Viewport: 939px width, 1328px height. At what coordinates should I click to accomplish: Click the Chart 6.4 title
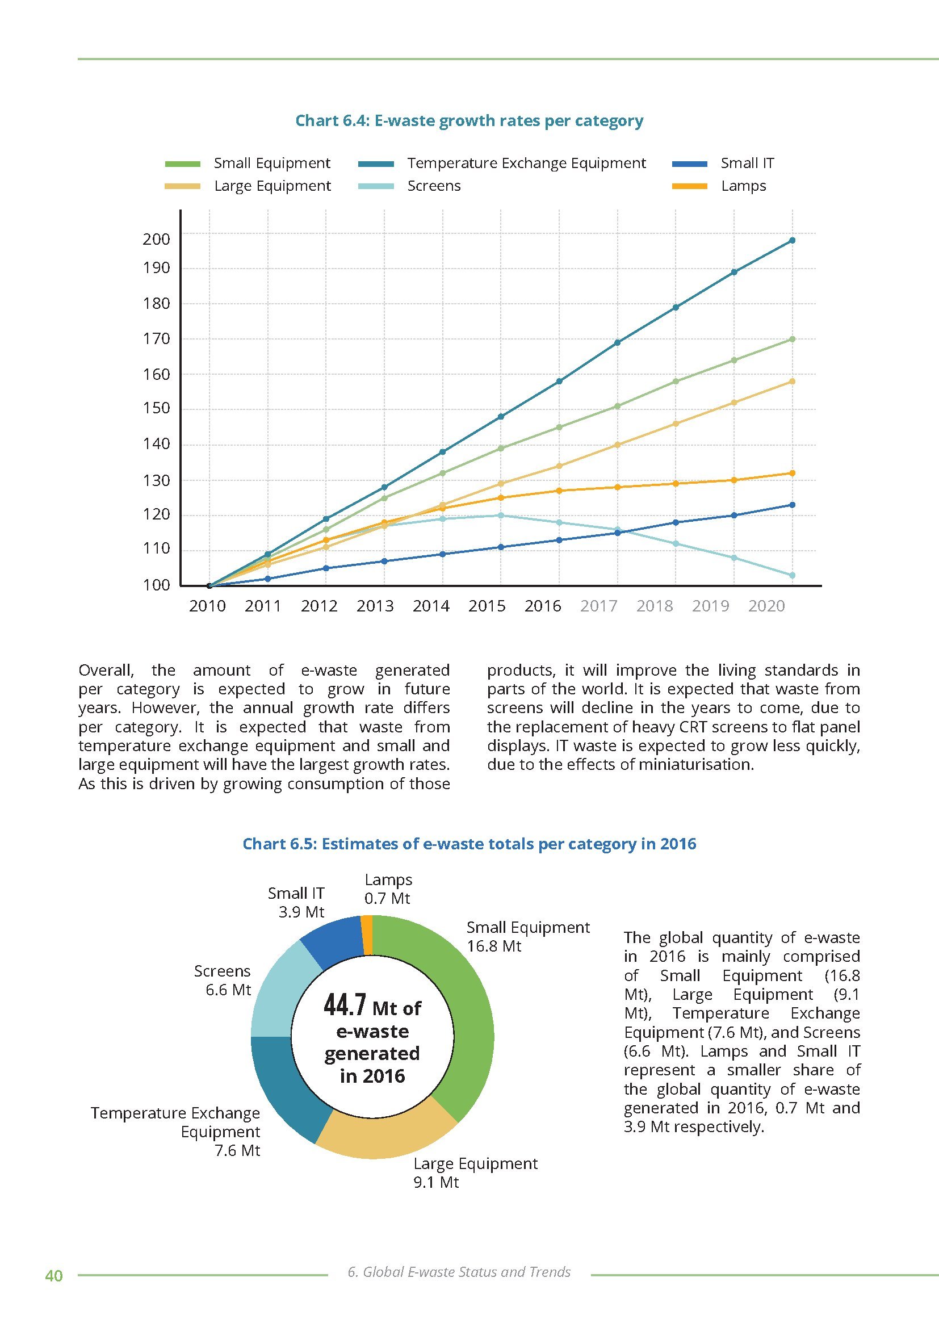click(469, 121)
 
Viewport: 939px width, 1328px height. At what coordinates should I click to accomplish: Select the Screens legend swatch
click(376, 186)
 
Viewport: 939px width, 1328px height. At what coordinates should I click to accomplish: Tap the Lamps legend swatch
click(690, 186)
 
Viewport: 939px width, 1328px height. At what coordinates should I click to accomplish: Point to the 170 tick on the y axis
click(157, 339)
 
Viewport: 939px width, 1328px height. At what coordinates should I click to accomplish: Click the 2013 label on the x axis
click(375, 606)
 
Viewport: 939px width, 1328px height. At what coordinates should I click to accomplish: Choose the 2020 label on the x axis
click(766, 606)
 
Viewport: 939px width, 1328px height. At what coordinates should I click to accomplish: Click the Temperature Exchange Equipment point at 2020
click(792, 241)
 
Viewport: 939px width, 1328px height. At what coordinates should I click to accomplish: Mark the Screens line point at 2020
click(792, 576)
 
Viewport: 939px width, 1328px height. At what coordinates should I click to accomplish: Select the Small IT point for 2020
click(792, 505)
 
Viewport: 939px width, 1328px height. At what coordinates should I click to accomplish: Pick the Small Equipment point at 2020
click(792, 340)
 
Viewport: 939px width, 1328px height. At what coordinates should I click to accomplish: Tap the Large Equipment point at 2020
click(792, 381)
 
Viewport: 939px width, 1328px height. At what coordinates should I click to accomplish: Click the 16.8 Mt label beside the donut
click(494, 946)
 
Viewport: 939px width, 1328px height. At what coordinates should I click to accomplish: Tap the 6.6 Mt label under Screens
click(228, 990)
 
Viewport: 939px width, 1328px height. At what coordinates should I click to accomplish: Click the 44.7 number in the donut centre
click(345, 1006)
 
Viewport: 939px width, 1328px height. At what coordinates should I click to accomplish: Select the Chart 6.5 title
click(469, 844)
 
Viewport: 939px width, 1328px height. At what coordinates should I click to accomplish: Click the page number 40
click(54, 1276)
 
